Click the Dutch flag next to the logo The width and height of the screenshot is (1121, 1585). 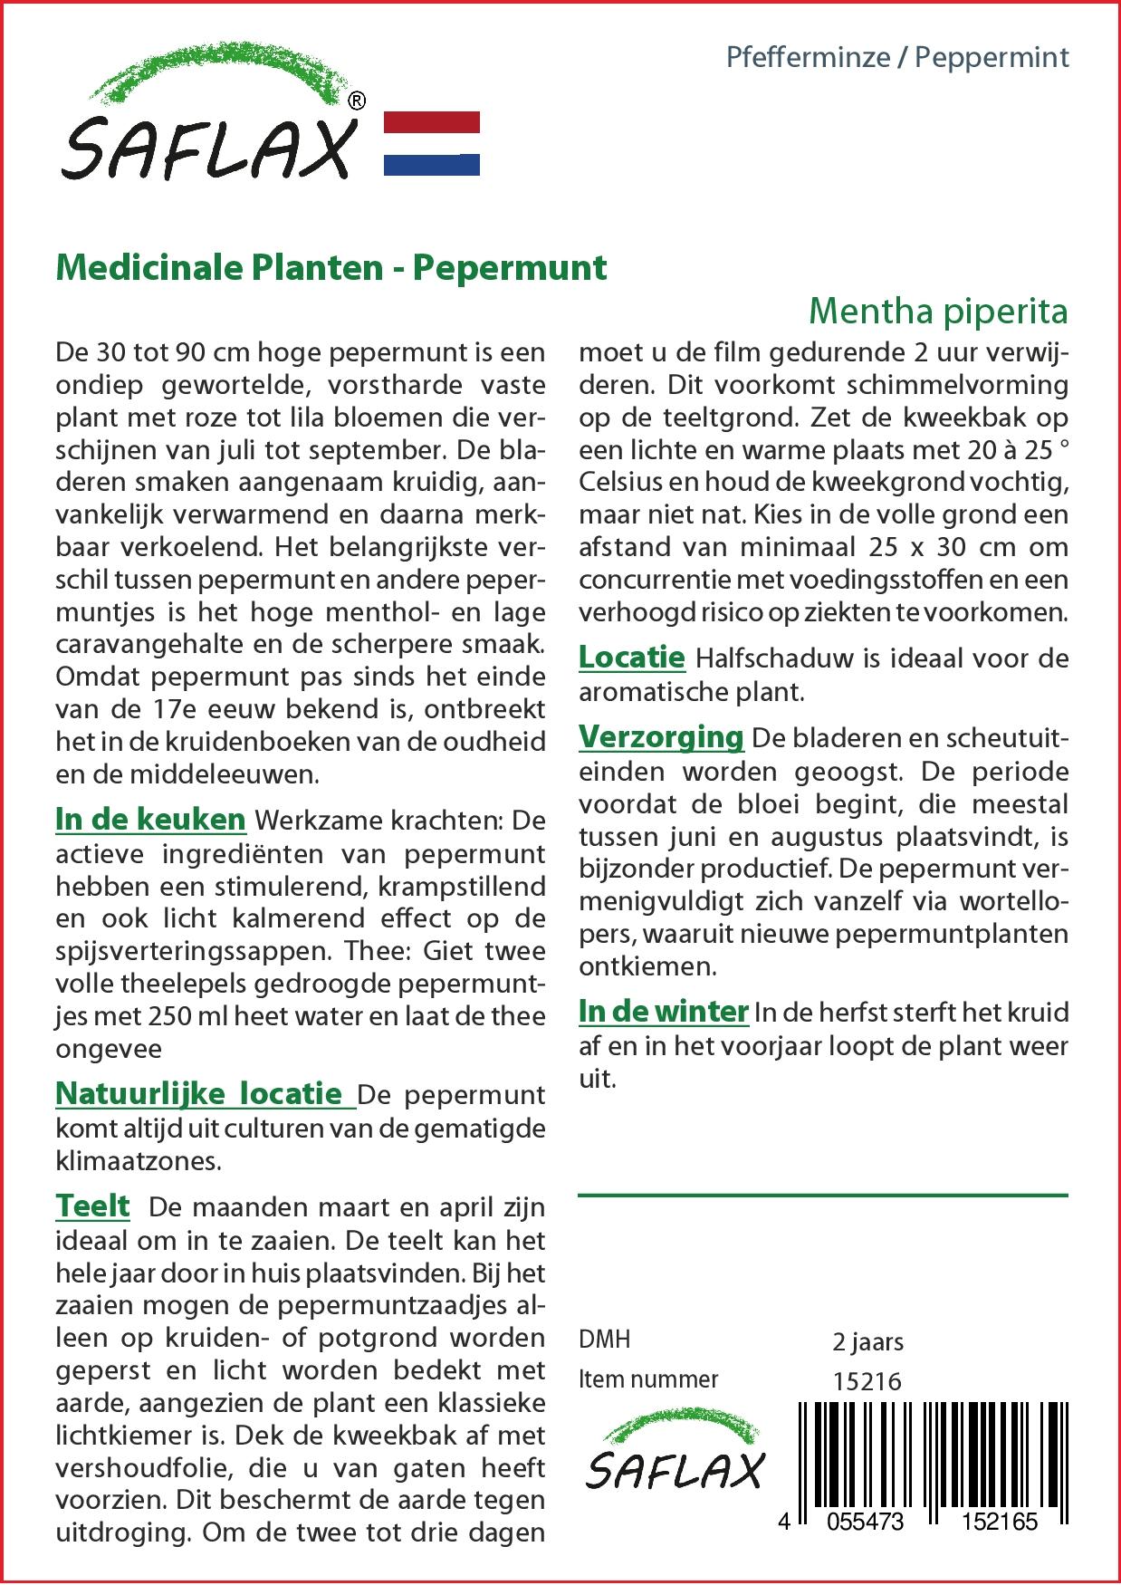coord(432,143)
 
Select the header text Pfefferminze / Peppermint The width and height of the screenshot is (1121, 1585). coord(897,57)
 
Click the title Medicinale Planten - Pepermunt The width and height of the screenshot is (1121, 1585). coord(331,267)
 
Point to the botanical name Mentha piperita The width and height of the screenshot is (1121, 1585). coord(937,311)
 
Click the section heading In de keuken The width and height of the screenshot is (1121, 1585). coord(150,819)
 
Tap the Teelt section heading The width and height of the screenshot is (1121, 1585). coord(92,1206)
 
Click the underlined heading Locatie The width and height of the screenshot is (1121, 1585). coord(631,657)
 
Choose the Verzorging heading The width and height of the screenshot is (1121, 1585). coord(661,736)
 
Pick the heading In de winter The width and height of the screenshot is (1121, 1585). coord(663,1011)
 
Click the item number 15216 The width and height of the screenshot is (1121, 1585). coord(867,1380)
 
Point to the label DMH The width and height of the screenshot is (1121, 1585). coord(604,1339)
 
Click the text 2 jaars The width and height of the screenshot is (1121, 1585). coord(867,1340)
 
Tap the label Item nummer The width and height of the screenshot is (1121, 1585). coord(648,1379)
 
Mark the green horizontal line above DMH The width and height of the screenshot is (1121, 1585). coord(822,1196)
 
